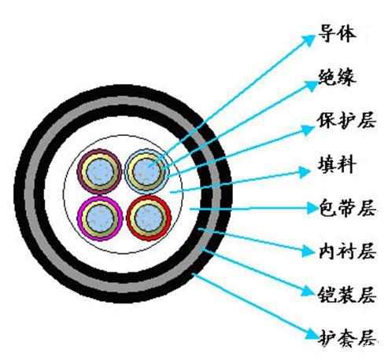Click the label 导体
click(x=338, y=34)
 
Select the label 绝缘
click(x=338, y=77)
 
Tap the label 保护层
click(x=347, y=121)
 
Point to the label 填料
click(x=338, y=164)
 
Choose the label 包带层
click(x=348, y=208)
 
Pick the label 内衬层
click(x=348, y=252)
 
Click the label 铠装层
click(x=347, y=295)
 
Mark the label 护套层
click(x=348, y=338)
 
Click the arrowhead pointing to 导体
click(x=309, y=40)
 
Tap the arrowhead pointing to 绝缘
click(x=312, y=86)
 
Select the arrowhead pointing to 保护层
click(x=308, y=130)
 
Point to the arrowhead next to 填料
click(x=304, y=172)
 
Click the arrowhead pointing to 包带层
click(x=312, y=208)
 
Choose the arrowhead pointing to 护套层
click(x=312, y=334)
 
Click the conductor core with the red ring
click(x=149, y=218)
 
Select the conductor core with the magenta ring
click(x=100, y=219)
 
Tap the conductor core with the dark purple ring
click(x=99, y=172)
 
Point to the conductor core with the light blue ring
click(x=146, y=172)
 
